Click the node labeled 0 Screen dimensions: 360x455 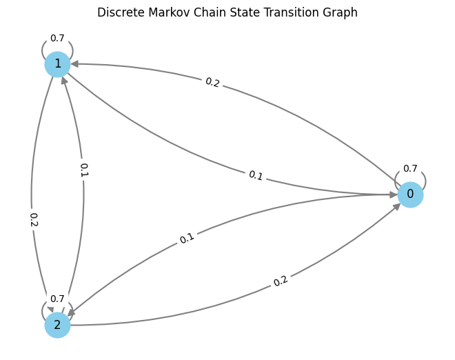(x=410, y=194)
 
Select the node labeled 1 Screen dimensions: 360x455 (x=57, y=64)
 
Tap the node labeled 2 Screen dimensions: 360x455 (x=57, y=325)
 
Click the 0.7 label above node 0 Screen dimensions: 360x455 (x=410, y=168)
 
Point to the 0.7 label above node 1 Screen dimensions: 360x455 (x=57, y=38)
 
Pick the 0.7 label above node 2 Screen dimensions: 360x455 (x=57, y=299)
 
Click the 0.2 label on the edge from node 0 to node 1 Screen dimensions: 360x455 (x=212, y=82)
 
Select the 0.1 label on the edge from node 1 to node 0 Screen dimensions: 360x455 (x=256, y=175)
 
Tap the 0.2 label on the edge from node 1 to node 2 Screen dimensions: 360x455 (x=33, y=219)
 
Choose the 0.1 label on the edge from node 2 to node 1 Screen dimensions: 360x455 (x=83, y=170)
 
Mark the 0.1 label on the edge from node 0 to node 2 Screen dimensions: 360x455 (x=187, y=239)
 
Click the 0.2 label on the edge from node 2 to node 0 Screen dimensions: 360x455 (x=281, y=281)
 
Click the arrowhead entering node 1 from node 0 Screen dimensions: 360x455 (x=74, y=63)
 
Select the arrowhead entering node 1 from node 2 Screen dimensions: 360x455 (x=64, y=80)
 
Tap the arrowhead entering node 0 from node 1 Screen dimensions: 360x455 (x=393, y=194)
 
